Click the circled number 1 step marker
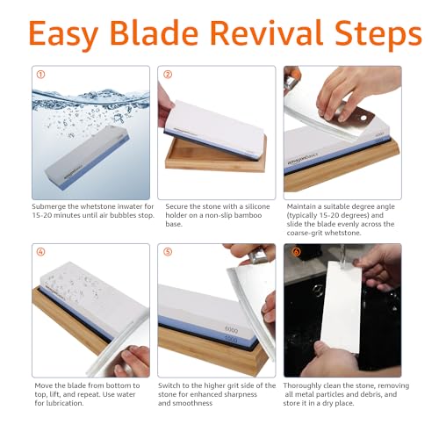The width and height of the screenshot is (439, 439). pyautogui.click(x=40, y=75)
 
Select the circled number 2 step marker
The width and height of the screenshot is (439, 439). pyautogui.click(x=167, y=75)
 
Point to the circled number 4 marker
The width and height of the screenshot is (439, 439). pyautogui.click(x=40, y=253)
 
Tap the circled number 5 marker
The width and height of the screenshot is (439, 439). pyautogui.click(x=167, y=253)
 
